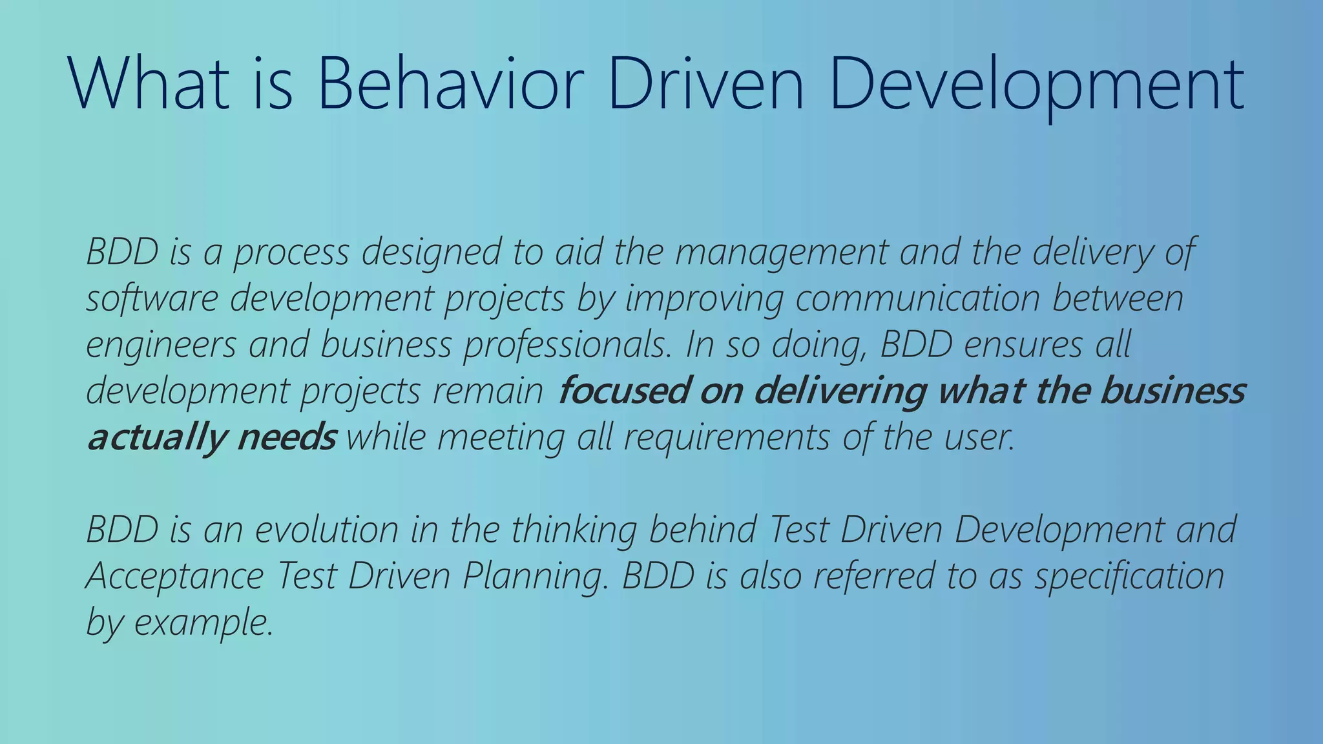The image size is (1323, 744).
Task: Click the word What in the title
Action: tap(149, 85)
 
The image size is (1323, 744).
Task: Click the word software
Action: tap(152, 299)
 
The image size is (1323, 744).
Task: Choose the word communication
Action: tap(917, 299)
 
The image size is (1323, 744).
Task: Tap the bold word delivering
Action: tap(840, 391)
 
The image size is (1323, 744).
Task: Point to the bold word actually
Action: tap(155, 439)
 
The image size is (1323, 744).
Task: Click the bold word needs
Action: tap(286, 437)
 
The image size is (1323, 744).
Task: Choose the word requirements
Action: tap(727, 439)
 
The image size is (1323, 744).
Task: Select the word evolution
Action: tap(326, 530)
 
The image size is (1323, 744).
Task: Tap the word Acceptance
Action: tap(174, 577)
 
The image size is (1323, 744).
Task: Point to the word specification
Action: tap(1129, 577)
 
